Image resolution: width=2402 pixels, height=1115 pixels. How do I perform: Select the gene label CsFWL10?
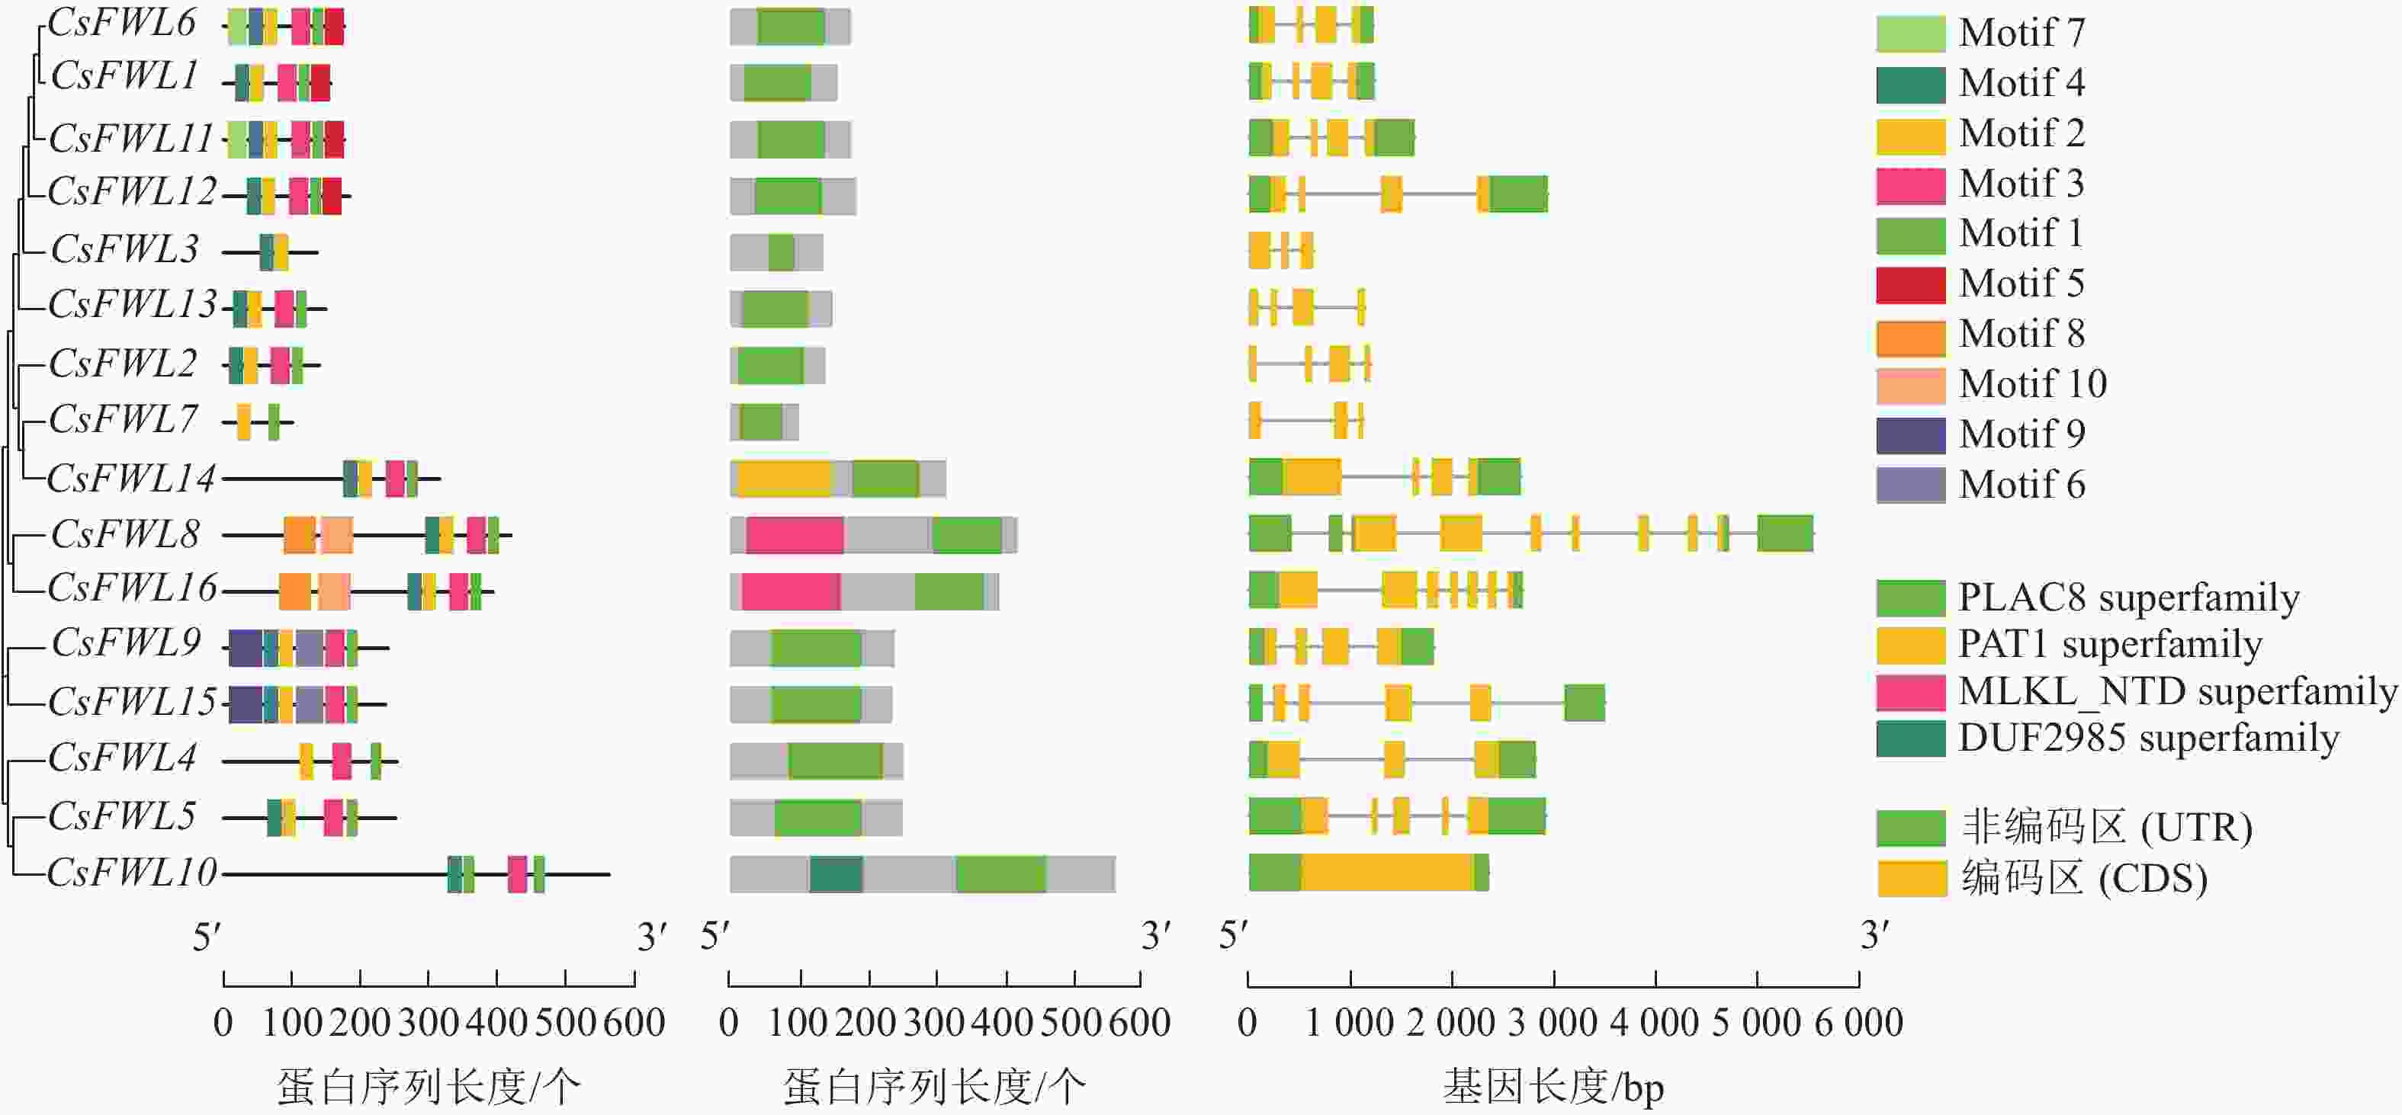[131, 873]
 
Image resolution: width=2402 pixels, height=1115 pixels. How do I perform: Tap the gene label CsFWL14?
[130, 479]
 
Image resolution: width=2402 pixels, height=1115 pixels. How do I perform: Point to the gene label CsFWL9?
[126, 643]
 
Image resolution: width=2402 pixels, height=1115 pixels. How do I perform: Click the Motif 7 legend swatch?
[1911, 34]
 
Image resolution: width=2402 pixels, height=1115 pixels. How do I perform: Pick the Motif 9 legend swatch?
[1911, 435]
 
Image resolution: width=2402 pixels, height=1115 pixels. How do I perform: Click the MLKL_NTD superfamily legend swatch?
[1911, 693]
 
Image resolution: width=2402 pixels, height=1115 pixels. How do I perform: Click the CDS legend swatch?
[1912, 878]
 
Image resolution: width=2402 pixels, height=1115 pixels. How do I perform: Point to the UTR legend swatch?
[1911, 827]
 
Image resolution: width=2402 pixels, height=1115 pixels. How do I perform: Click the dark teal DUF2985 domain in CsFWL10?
[836, 873]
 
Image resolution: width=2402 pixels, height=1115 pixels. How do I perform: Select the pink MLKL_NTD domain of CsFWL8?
[795, 534]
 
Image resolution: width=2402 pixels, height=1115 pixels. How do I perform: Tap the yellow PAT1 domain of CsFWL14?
[783, 479]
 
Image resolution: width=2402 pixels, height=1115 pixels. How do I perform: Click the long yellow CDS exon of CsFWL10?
[1386, 872]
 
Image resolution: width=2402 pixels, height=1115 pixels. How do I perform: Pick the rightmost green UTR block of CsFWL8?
[1784, 533]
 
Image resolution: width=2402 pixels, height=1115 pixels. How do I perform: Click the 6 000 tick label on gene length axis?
[1858, 1024]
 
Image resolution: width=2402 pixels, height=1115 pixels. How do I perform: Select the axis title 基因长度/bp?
[1553, 1087]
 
